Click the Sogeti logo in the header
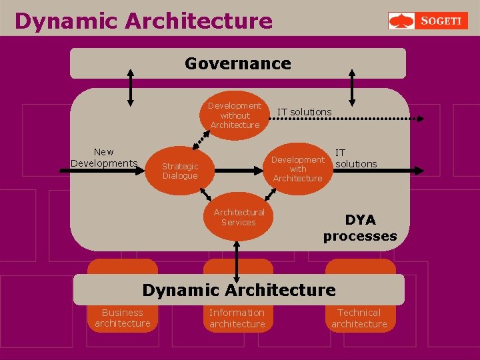point(428,21)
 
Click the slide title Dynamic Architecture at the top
point(143,21)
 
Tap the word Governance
point(238,64)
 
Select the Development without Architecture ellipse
point(235,115)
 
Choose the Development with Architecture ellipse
point(298,169)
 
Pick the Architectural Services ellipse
point(239,217)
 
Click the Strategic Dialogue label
point(180,171)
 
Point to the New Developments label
point(103,158)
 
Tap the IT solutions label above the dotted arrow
point(304,111)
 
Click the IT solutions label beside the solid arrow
point(355,158)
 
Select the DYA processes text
point(360,227)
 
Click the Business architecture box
point(123,318)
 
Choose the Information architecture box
point(237,318)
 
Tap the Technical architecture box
point(359,318)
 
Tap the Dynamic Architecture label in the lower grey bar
point(239,290)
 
